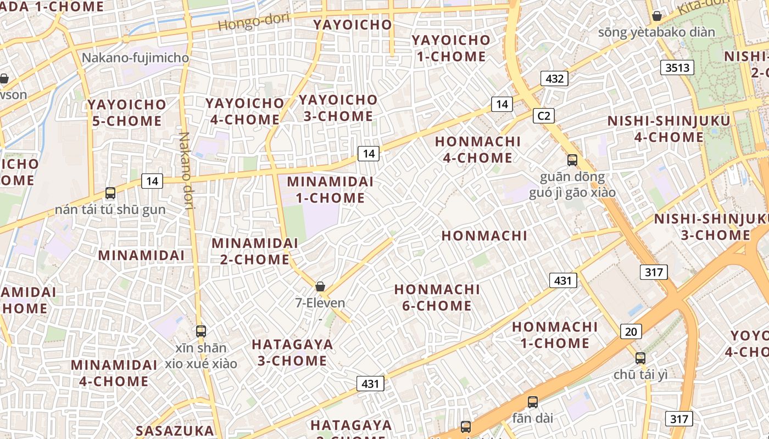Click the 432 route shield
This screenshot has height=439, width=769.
(x=554, y=78)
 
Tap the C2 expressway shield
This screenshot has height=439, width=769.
(x=543, y=116)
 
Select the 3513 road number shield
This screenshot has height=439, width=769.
(x=677, y=67)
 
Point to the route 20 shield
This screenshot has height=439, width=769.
(x=631, y=331)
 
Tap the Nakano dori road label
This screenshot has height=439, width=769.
(x=187, y=171)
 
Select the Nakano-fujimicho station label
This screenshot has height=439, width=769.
(x=135, y=58)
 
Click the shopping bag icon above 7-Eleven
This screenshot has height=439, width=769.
(x=320, y=286)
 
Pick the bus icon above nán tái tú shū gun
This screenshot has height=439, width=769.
(x=110, y=193)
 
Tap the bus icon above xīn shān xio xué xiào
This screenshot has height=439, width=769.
(x=201, y=331)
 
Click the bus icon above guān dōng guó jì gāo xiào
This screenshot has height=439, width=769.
(x=572, y=160)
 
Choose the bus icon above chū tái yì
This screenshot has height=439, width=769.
(x=640, y=358)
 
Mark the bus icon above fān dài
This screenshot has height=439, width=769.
(x=532, y=402)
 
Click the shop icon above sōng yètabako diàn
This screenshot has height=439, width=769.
(x=656, y=16)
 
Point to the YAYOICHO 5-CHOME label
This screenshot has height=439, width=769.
(x=127, y=112)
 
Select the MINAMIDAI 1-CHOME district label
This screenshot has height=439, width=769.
(x=330, y=189)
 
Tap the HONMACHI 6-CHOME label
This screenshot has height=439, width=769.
(x=437, y=297)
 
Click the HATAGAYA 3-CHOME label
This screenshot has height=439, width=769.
(x=292, y=352)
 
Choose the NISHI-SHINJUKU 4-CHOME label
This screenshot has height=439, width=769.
(x=668, y=129)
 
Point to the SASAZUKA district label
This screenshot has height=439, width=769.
(x=174, y=431)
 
